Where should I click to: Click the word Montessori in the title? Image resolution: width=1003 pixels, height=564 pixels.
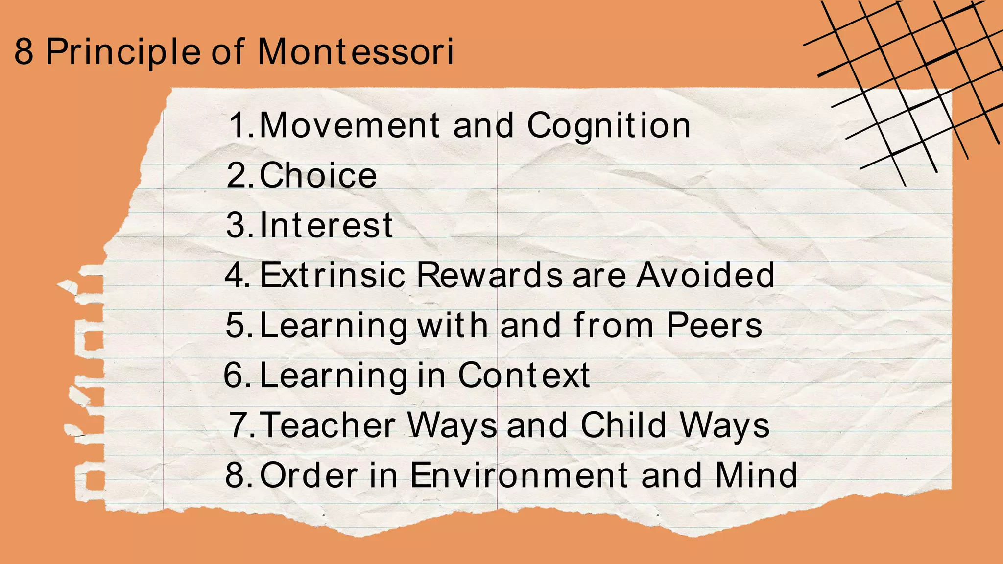(356, 51)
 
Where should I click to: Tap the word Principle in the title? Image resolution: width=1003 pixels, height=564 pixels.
(123, 52)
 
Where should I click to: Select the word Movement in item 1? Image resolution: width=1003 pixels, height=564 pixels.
(349, 125)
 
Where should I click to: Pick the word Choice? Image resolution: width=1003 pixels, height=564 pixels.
(318, 175)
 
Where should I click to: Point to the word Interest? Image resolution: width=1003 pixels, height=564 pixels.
(326, 225)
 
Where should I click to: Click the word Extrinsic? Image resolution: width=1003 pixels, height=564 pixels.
(333, 275)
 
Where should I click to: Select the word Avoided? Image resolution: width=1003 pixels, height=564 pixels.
(706, 275)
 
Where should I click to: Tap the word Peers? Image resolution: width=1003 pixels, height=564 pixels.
(714, 325)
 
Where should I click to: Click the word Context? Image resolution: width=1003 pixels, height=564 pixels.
(524, 375)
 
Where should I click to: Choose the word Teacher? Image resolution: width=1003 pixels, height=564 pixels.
(329, 425)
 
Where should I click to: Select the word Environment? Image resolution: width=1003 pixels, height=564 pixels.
(519, 475)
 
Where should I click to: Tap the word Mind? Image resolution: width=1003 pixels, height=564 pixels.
(756, 475)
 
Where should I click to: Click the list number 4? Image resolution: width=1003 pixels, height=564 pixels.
(236, 275)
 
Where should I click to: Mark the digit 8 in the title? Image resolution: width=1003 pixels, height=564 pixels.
(24, 51)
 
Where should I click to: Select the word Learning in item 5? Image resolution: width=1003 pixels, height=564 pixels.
(333, 326)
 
